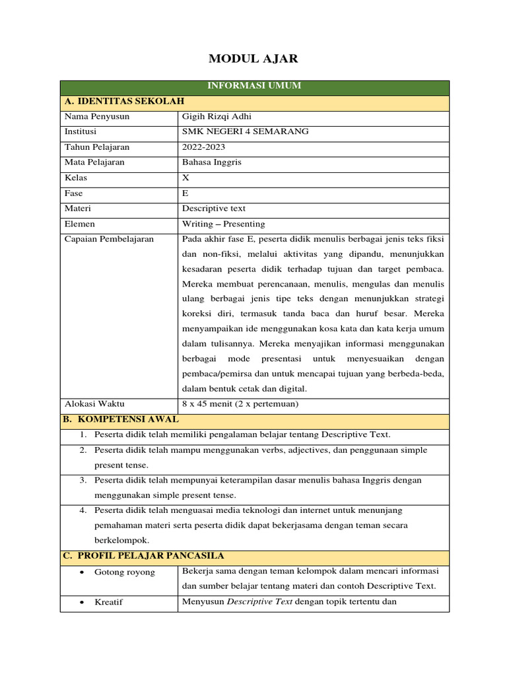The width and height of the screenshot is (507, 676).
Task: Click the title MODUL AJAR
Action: coord(253,59)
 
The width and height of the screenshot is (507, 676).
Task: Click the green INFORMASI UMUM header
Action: coord(254,86)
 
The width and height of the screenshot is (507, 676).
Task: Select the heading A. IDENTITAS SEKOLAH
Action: coord(123,102)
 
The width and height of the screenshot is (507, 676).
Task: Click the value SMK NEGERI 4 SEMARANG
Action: coord(245,132)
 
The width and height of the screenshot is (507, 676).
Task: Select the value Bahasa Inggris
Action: coord(211,162)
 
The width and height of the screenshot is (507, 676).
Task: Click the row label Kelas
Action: coord(76,178)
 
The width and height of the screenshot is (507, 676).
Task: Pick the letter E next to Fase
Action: coord(185,193)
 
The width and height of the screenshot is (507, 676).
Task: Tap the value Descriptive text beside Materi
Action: coord(213,209)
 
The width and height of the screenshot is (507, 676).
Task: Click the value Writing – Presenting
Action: coord(223,224)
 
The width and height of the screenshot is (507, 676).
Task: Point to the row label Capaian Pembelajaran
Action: coord(109,240)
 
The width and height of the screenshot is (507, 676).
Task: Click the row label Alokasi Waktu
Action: coord(94,404)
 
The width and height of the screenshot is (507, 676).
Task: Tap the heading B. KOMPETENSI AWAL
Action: coord(121,420)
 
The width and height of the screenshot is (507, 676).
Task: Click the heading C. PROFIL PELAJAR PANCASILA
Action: coord(144,556)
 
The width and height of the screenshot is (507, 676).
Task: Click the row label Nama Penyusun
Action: coord(97,117)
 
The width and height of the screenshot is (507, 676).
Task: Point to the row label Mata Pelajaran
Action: coord(94,162)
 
